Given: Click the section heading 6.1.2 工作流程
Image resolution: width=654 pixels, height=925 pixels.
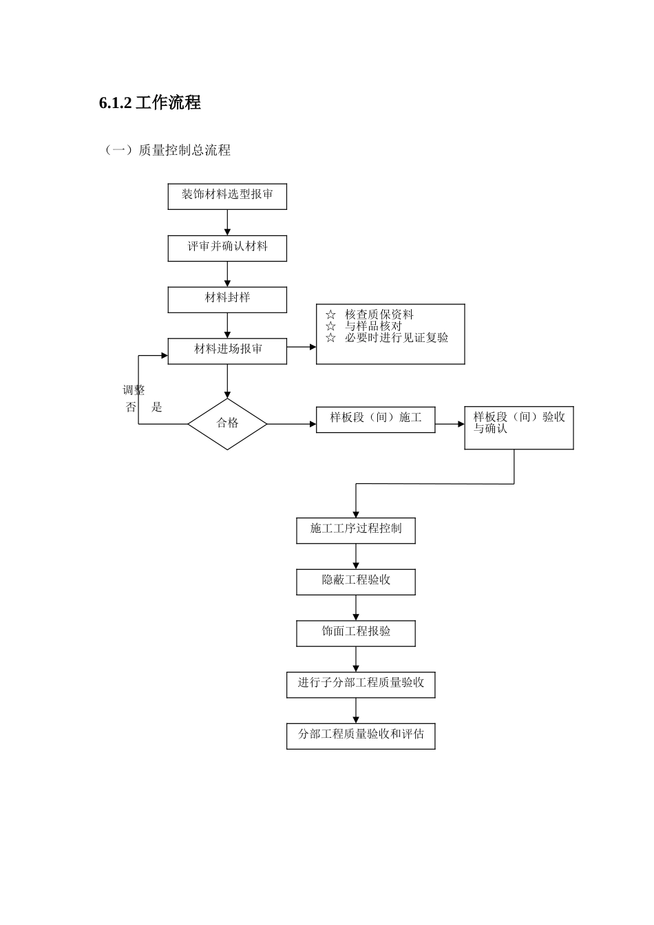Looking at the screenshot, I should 150,103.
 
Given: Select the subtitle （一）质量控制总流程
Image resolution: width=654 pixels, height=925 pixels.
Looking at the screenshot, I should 167,150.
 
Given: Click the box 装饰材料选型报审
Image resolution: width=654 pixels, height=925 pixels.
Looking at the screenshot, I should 227,196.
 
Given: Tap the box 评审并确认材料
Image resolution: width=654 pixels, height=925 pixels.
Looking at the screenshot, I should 227,248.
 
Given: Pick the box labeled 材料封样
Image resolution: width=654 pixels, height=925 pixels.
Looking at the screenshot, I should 227,299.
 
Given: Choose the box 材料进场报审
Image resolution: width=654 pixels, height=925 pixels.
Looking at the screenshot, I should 227,351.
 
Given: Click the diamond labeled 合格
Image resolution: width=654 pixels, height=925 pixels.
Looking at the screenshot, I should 227,424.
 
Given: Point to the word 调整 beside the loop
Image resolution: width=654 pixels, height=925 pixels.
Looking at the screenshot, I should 134,390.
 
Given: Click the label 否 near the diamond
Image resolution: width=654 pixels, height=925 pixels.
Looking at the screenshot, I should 131,407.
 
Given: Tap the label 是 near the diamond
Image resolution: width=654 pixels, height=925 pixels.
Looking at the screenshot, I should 157,407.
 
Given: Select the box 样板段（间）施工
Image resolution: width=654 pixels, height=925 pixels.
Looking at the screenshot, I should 375,420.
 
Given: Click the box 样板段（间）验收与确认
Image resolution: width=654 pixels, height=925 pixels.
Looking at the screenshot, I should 518,427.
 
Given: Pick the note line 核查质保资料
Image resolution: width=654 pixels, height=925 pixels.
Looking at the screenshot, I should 379,315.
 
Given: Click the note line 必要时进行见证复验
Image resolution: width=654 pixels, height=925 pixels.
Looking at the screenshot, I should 397,338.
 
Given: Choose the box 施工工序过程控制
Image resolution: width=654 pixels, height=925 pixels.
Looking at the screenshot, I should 356,531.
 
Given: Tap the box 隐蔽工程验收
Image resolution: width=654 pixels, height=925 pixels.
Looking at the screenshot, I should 356,582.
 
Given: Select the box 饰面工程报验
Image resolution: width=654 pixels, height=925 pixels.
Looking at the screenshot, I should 356,633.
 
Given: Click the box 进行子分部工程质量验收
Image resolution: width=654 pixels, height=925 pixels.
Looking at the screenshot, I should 361,685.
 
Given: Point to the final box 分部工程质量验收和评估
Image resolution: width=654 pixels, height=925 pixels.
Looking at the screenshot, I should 361,736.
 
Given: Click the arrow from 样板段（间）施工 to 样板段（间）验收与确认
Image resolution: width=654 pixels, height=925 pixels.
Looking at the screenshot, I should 450,424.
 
